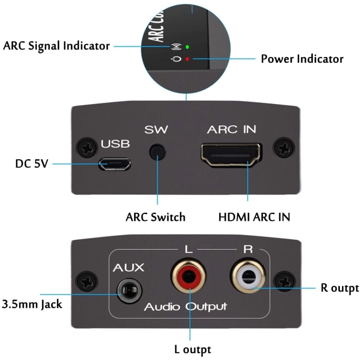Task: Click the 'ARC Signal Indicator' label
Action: tap(56, 46)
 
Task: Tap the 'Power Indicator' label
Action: tap(302, 59)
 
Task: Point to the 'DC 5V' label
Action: tap(32, 164)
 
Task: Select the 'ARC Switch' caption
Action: tap(155, 217)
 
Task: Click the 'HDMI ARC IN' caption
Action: tap(254, 217)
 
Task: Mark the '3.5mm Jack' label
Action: tap(32, 303)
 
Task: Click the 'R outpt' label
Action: tap(339, 288)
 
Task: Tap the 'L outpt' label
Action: tap(192, 349)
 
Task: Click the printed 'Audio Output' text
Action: tap(185, 307)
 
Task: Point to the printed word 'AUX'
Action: tap(128, 268)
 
